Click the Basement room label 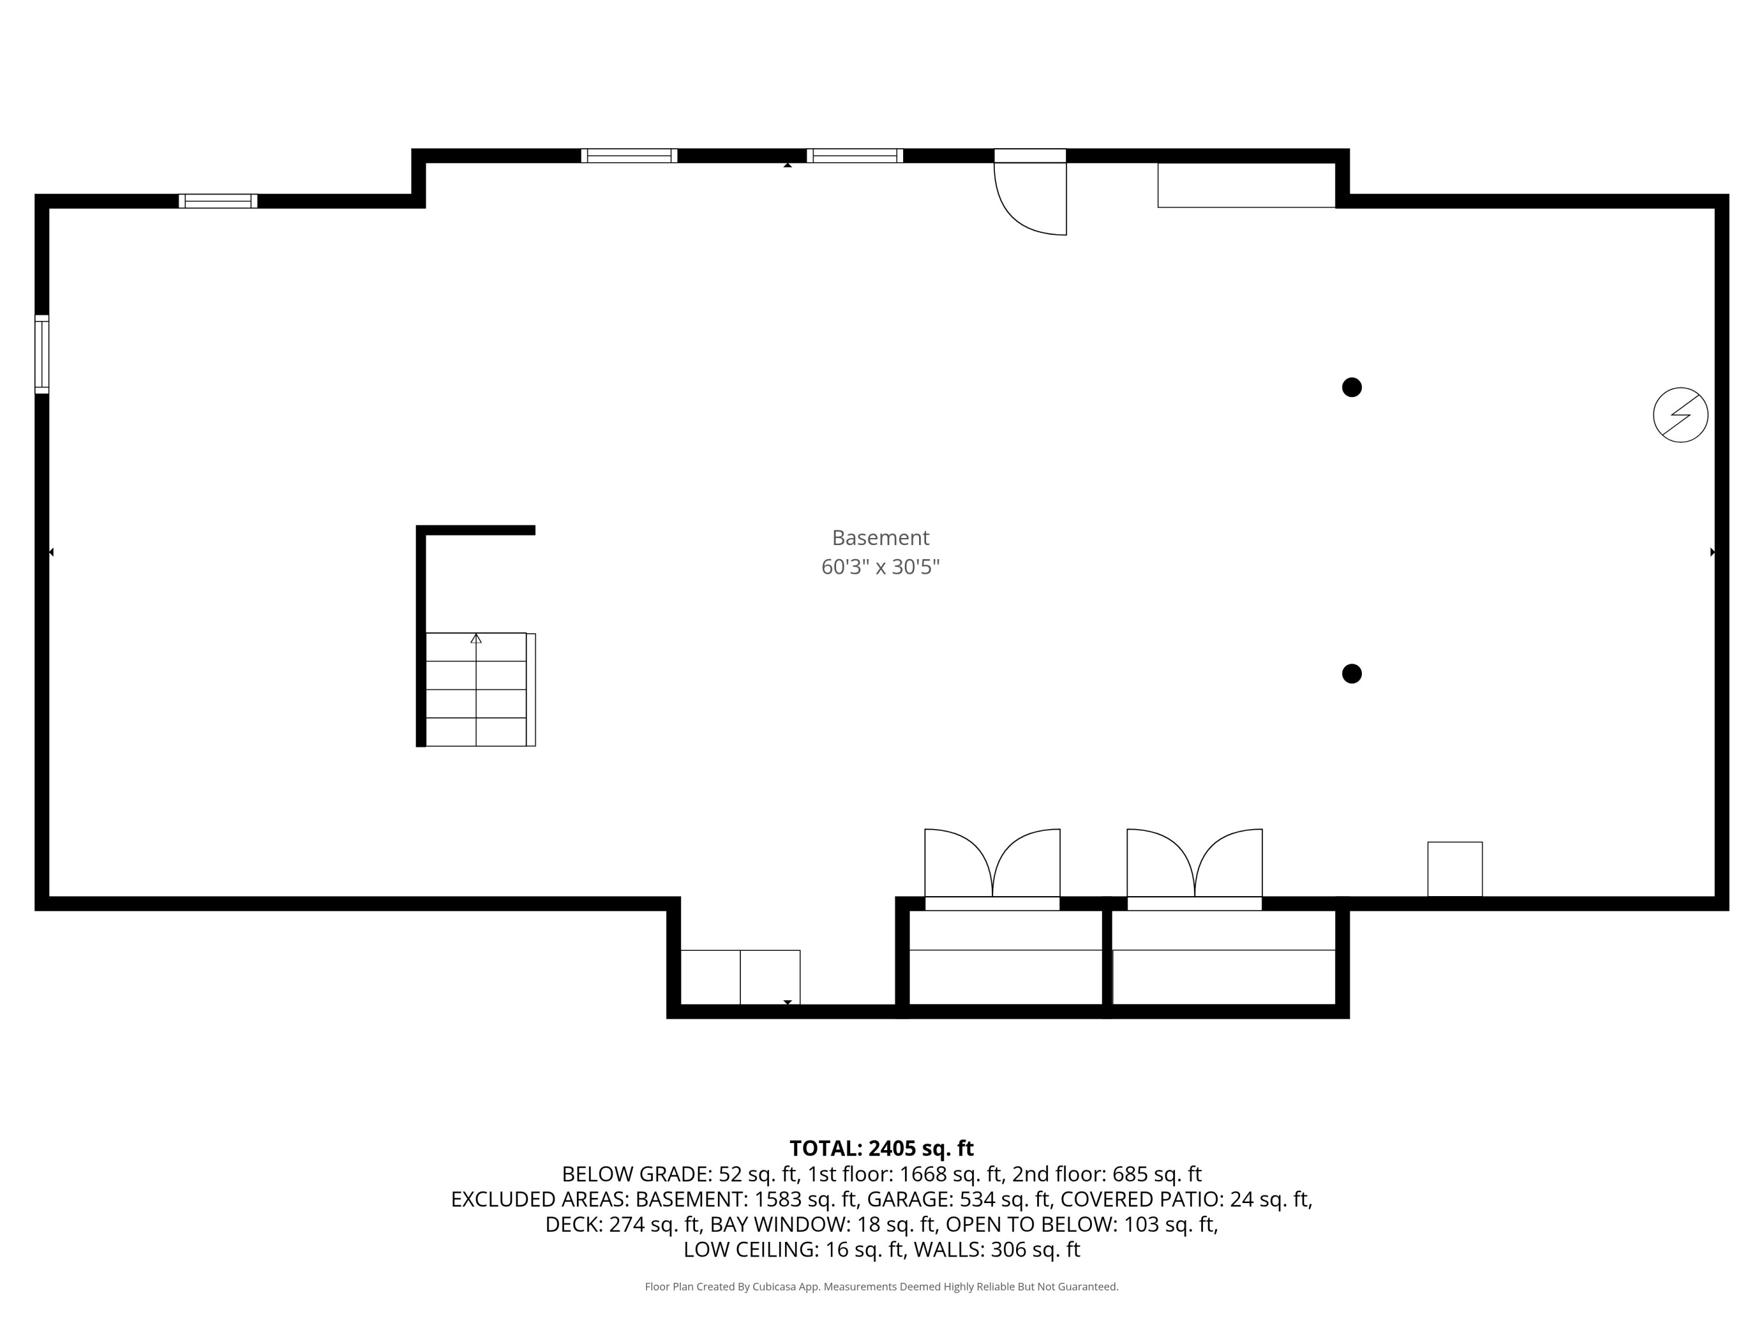tap(880, 537)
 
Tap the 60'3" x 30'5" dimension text tap(880, 567)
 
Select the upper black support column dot tap(1352, 387)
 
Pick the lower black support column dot tap(1352, 674)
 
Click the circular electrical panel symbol tap(1681, 415)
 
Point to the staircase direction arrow tap(476, 639)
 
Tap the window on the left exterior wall tap(42, 354)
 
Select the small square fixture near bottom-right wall tap(1455, 868)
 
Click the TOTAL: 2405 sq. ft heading tap(881, 1148)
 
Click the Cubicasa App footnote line tap(881, 1287)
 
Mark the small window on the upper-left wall tap(218, 201)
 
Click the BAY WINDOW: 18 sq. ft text tap(823, 1224)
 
